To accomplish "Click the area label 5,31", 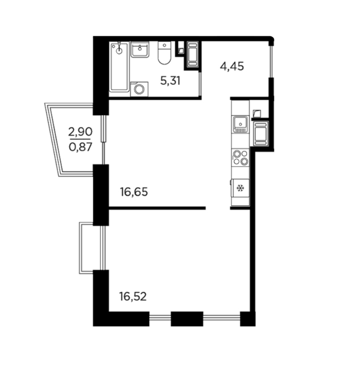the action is point(170,81).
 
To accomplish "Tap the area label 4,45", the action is point(232,66).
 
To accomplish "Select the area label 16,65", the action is point(134,192).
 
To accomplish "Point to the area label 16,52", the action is point(133,296).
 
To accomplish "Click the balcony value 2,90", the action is point(80,132).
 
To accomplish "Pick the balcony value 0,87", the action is point(80,147).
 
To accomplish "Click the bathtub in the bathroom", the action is point(119,67).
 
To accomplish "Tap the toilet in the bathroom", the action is point(164,53).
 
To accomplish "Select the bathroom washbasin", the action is point(140,49).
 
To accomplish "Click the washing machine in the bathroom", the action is point(139,89).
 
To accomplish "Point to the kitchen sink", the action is point(240,124).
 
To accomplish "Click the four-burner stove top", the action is point(240,157).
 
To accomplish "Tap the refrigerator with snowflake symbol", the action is point(240,188).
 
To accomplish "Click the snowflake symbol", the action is point(240,188).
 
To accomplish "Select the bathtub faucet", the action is point(119,48).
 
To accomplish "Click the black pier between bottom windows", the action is point(187,319).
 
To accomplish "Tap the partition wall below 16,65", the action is point(157,208).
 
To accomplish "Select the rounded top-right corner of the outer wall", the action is point(272,39).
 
